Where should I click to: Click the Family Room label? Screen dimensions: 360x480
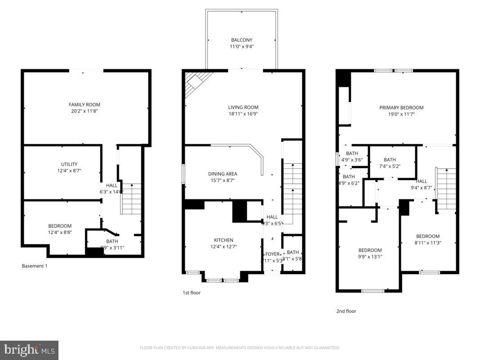click(x=84, y=105)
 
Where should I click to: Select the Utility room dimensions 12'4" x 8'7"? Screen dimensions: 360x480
click(x=69, y=171)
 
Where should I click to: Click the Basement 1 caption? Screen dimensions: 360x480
click(x=35, y=266)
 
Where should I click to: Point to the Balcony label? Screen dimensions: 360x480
click(x=242, y=40)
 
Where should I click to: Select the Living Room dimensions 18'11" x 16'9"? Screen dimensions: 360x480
click(x=243, y=114)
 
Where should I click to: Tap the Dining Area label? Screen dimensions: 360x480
click(x=222, y=174)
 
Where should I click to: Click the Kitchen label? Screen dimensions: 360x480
click(x=224, y=240)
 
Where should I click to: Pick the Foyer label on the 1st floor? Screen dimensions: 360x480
click(x=272, y=254)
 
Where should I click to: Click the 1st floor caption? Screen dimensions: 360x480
click(x=192, y=293)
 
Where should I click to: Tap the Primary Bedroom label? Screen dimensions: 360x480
click(x=401, y=108)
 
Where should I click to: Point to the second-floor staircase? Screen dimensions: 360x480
click(x=446, y=189)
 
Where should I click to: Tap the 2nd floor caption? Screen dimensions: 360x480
click(x=346, y=311)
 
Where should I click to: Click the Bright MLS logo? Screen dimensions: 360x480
click(x=29, y=350)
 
